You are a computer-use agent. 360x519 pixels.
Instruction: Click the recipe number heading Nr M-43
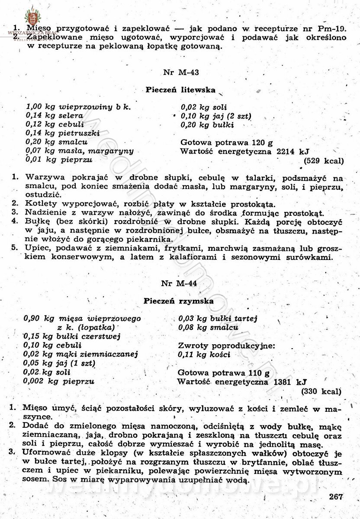tap(181, 72)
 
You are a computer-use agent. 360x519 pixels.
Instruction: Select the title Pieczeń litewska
tap(180, 90)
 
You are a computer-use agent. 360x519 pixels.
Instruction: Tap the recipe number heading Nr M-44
tap(179, 284)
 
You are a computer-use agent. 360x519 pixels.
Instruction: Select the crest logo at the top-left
tap(31, 16)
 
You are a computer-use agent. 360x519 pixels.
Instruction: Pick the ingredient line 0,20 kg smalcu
tap(57, 142)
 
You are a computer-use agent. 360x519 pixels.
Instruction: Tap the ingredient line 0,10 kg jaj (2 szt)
tap(216, 116)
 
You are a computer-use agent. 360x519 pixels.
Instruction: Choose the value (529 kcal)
tap(324, 161)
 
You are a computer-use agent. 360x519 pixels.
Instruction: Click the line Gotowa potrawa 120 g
tap(227, 142)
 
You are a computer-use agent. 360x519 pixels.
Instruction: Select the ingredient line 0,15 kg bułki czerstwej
tap(72, 336)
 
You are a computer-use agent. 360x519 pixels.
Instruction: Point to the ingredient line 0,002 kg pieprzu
tap(59, 381)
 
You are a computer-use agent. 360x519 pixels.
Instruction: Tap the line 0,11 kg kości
tap(204, 355)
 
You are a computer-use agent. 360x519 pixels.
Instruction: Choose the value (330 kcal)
tap(321, 391)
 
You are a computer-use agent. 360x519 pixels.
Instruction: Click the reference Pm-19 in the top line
tap(331, 29)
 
